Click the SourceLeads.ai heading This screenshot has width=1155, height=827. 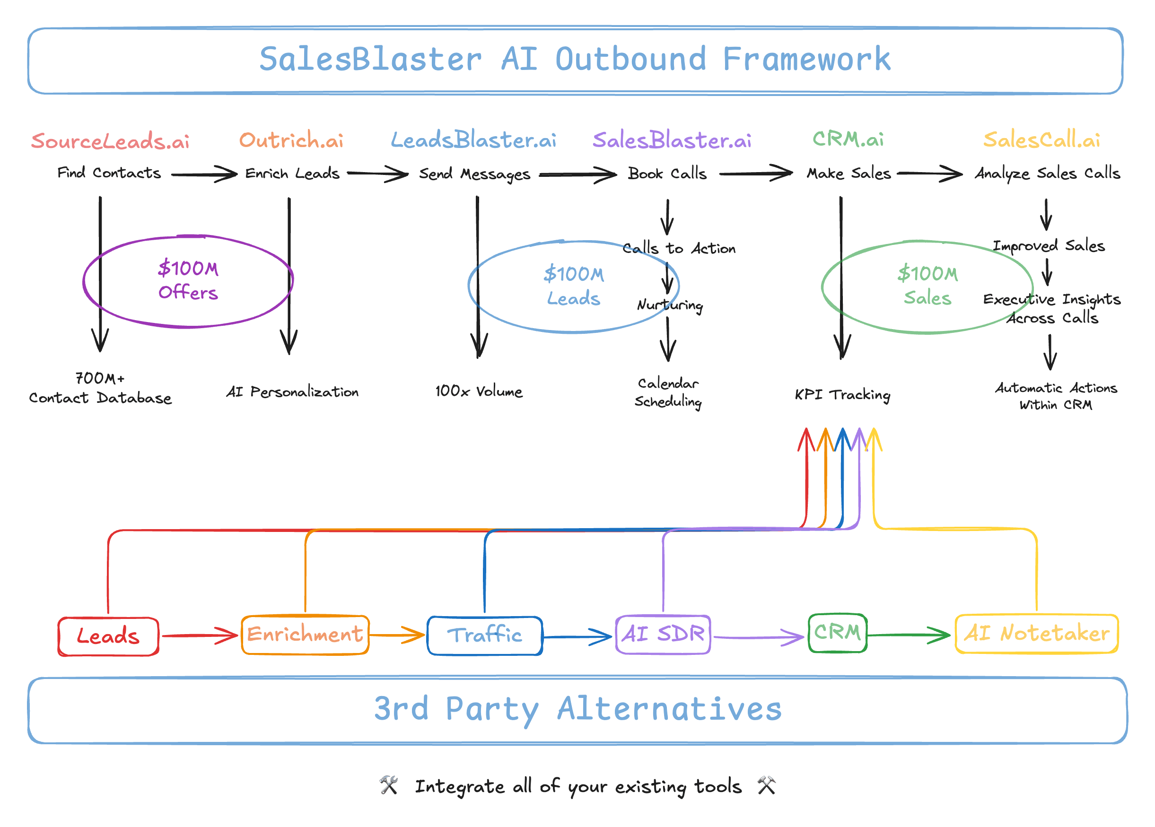[110, 141]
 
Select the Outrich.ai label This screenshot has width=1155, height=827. [291, 140]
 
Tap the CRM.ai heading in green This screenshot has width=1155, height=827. [848, 139]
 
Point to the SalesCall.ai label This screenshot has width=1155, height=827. [1041, 139]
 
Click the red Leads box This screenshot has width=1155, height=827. [108, 636]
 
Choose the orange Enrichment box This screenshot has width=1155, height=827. [305, 635]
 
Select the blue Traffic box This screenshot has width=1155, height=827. [485, 635]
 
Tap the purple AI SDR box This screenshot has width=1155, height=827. [663, 635]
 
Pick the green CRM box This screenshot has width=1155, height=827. [838, 633]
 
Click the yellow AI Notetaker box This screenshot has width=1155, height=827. [1037, 634]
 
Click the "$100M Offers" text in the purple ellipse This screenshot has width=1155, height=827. [188, 280]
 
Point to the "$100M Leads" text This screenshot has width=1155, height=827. [574, 286]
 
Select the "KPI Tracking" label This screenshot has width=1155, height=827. [842, 395]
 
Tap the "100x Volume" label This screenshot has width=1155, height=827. [479, 391]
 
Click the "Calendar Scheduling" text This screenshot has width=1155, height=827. [668, 392]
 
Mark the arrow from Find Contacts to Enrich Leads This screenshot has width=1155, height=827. [204, 174]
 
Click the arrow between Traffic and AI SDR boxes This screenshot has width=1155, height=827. [577, 636]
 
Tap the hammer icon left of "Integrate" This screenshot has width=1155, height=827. [389, 785]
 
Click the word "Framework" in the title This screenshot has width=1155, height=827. [807, 59]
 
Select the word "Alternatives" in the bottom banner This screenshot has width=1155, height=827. [669, 708]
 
